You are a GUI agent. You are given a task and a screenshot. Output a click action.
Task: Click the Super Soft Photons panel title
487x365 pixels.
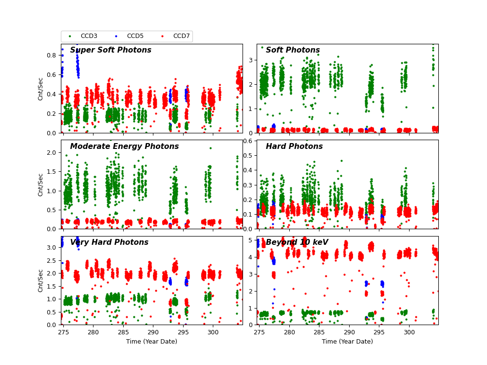click(111, 50)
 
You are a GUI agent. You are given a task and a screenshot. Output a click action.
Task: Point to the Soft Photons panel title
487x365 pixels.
click(293, 50)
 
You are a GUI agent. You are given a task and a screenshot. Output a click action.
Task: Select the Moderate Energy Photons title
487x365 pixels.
click(124, 146)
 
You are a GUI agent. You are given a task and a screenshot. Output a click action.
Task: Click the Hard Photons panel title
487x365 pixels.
click(294, 146)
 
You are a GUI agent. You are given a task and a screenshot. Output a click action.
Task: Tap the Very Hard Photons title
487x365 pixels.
click(109, 242)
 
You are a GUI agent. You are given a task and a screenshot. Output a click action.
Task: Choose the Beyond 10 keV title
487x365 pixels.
click(297, 242)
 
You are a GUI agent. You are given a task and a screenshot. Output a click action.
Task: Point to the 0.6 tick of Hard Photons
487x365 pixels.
click(248, 141)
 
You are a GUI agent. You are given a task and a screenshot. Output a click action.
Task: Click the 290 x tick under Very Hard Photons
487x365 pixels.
click(153, 332)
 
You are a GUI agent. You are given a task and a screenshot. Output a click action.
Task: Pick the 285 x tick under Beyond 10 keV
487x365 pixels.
click(319, 332)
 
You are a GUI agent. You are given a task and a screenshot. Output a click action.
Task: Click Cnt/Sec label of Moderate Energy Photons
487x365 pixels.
click(41, 184)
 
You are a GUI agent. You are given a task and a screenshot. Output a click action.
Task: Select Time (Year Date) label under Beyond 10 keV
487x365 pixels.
click(347, 342)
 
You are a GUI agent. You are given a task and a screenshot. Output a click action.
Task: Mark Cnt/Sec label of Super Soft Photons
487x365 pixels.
click(41, 89)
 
